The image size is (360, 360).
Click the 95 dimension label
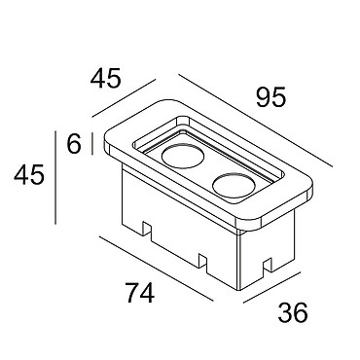tap(271, 97)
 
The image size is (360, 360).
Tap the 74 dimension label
tap(140, 293)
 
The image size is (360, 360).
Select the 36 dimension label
tap(293, 312)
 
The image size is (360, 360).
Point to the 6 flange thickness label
tap(74, 144)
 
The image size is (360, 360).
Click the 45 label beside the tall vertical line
tap(29, 175)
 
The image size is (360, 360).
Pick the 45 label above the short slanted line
tap(105, 78)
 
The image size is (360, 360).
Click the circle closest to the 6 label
tap(183, 156)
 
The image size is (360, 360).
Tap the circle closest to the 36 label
tap(234, 185)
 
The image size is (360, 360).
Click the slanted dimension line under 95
tap(255, 121)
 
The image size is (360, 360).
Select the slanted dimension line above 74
tap(157, 269)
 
